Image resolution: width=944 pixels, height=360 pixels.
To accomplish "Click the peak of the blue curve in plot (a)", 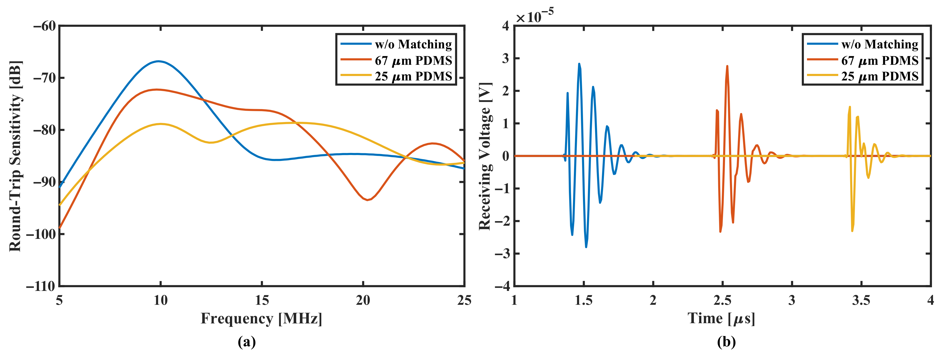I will coord(158,61).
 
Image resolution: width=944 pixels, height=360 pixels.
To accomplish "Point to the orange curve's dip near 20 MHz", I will coord(367,200).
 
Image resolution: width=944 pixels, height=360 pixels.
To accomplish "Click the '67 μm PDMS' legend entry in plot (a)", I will coord(413,60).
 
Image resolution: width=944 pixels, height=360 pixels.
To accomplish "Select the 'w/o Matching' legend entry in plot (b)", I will coord(879,44).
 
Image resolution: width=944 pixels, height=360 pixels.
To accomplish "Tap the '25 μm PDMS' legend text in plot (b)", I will coord(879,76).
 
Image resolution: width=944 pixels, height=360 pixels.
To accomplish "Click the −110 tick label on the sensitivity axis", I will coord(40,286).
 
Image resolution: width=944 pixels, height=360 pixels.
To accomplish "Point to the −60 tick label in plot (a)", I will coord(44,26).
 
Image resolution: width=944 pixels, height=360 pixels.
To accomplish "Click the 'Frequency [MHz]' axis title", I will coord(261,318).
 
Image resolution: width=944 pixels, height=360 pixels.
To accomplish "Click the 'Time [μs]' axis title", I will coord(721,318).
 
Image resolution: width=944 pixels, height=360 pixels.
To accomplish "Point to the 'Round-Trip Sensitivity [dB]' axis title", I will coord(15,156).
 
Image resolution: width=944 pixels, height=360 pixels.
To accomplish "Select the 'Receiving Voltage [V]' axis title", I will coord(484,156).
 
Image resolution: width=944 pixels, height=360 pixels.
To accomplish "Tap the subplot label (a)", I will coord(247,342).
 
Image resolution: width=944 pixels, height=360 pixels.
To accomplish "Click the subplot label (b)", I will coord(726,342).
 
